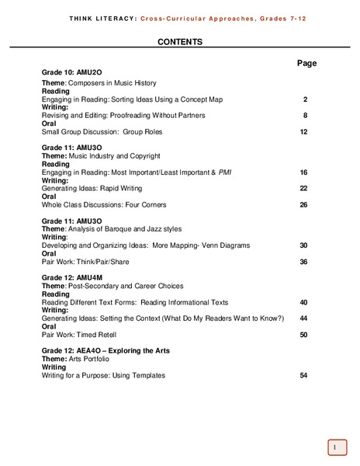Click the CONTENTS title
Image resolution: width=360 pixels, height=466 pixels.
coord(180,42)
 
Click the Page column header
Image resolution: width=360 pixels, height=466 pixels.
coord(307,63)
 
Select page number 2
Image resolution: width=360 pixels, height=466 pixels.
coord(306,99)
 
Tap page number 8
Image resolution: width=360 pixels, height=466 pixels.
coord(306,116)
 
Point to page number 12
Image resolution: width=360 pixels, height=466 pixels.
coord(304,132)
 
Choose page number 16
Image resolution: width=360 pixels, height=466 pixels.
coord(304,172)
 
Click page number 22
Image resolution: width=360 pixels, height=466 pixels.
coord(304,188)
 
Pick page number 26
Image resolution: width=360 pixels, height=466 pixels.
coord(304,204)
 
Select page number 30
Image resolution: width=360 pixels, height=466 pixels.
coord(304,245)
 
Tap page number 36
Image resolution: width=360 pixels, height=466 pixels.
coord(304,261)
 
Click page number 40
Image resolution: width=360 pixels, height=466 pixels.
coord(304,301)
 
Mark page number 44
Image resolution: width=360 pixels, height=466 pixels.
coord(304,318)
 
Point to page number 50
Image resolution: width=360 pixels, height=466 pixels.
coord(304,334)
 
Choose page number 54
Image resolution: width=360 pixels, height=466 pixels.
coord(304,375)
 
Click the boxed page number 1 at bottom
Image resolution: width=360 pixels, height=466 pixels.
coord(333,447)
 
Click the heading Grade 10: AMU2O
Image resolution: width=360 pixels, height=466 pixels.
coord(73,71)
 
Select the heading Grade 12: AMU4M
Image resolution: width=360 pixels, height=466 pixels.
coord(73,277)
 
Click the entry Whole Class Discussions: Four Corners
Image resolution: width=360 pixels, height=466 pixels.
coord(104,204)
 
